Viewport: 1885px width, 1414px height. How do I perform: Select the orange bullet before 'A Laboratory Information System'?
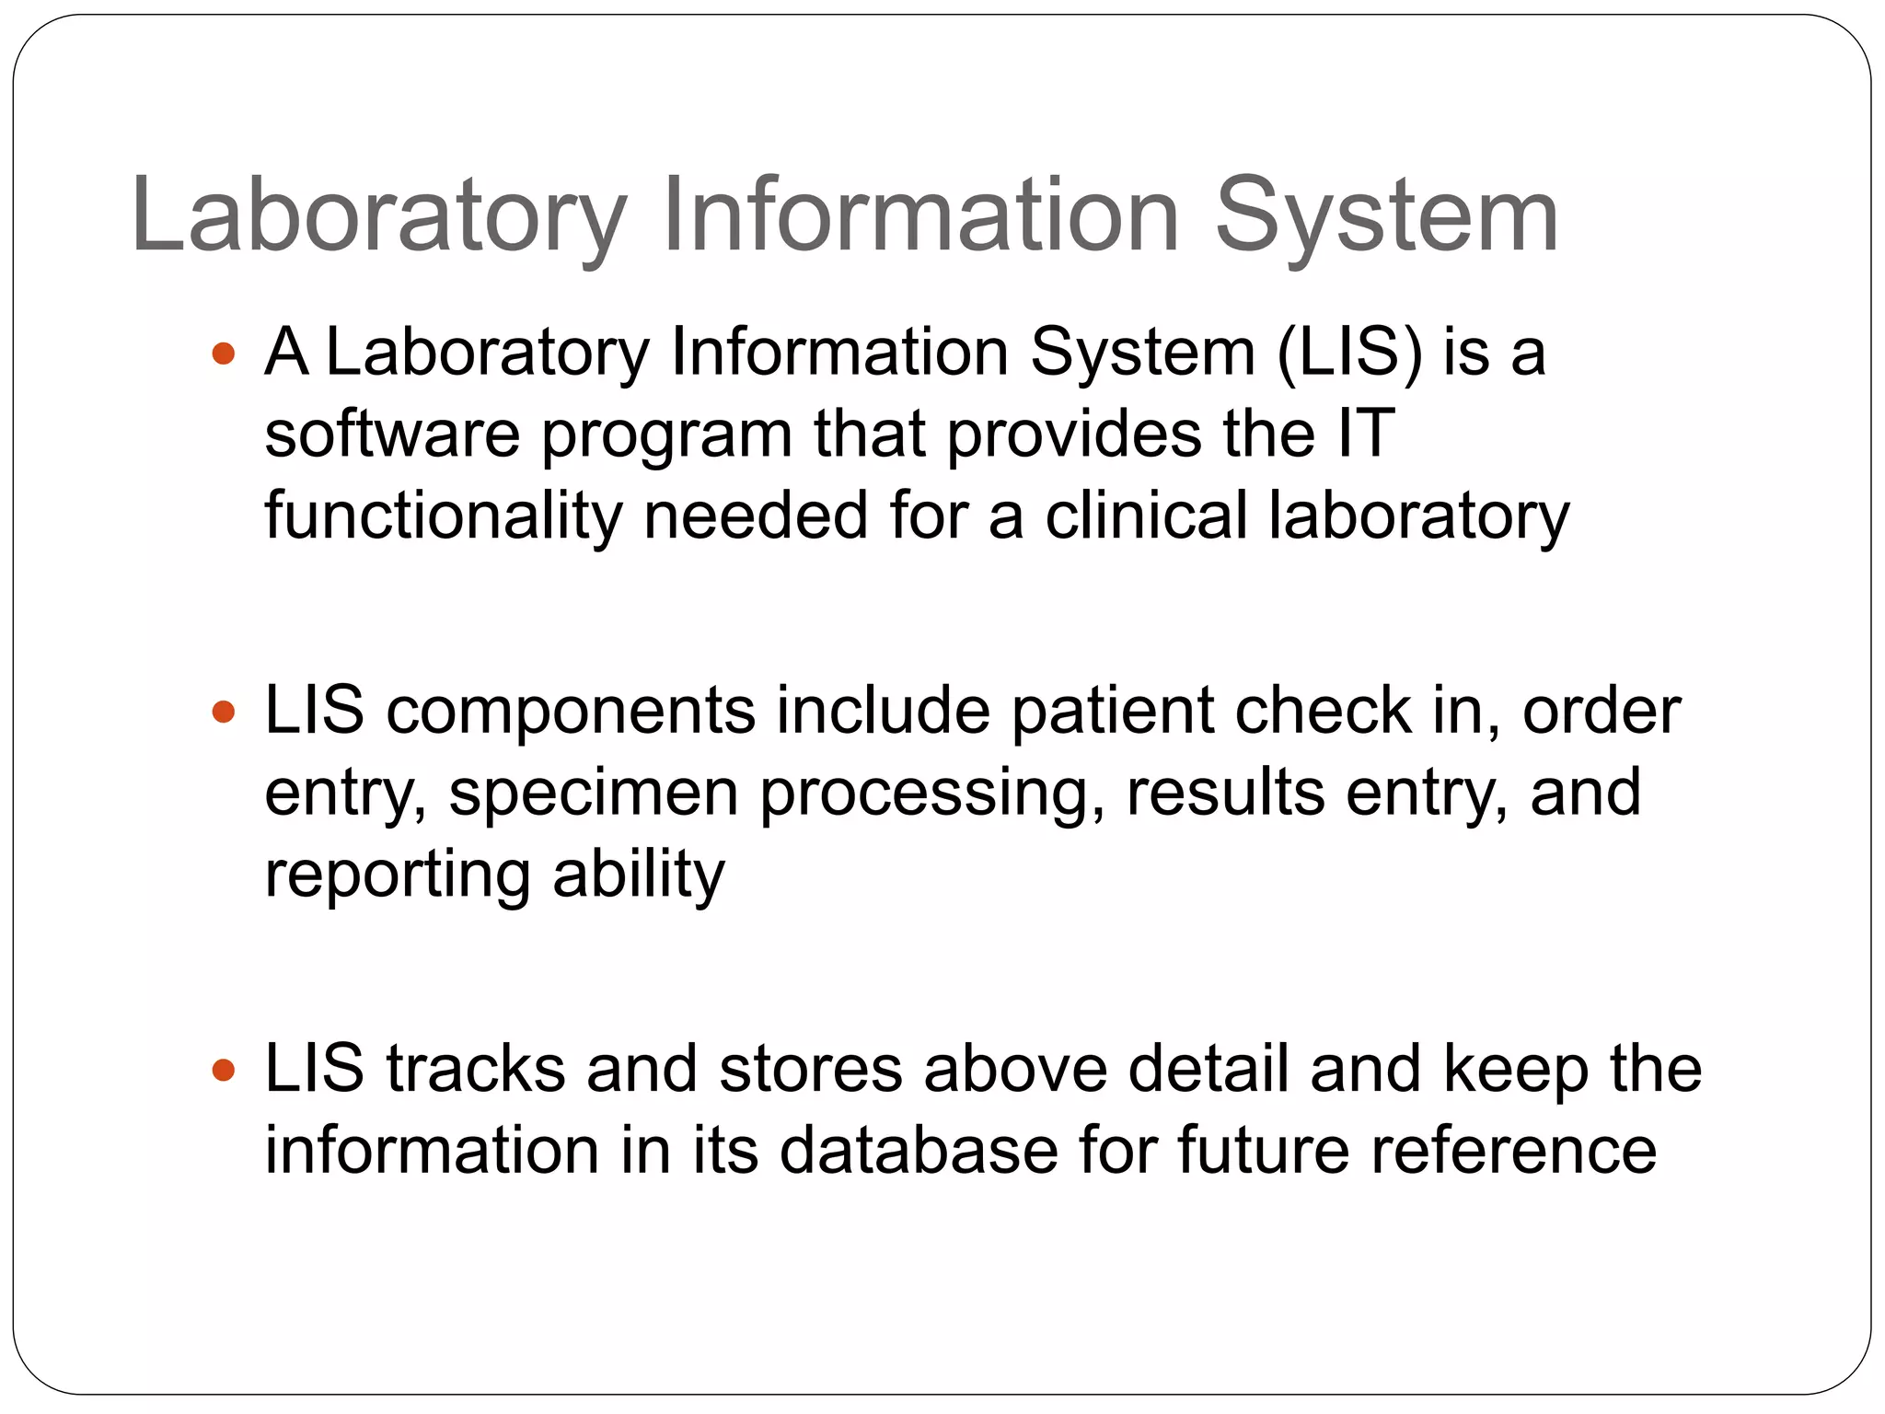(x=224, y=353)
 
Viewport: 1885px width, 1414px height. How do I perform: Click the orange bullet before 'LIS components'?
(x=224, y=712)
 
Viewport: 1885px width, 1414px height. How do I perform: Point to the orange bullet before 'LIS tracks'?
(x=224, y=1070)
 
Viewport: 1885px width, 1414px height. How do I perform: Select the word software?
(x=392, y=434)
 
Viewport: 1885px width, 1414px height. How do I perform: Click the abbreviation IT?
(x=1365, y=434)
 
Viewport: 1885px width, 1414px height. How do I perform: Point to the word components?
(x=570, y=712)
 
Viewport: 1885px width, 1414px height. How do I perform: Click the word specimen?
(x=594, y=794)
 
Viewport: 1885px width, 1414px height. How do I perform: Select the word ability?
(x=638, y=875)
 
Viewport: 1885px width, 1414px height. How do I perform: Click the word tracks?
(x=476, y=1070)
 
